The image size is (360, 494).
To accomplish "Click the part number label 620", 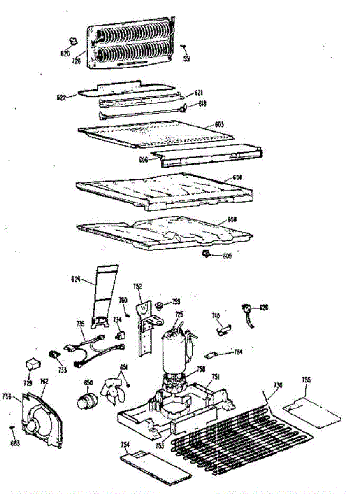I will (65, 54).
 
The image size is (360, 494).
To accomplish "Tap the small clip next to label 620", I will (73, 41).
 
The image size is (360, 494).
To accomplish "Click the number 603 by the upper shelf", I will (219, 124).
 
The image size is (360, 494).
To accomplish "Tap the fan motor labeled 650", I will (88, 400).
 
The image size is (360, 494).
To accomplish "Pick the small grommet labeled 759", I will (158, 305).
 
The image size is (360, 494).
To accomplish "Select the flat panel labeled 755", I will (312, 412).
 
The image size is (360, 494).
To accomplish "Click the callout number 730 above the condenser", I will (278, 385).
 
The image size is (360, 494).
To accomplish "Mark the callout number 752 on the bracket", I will (138, 286).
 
